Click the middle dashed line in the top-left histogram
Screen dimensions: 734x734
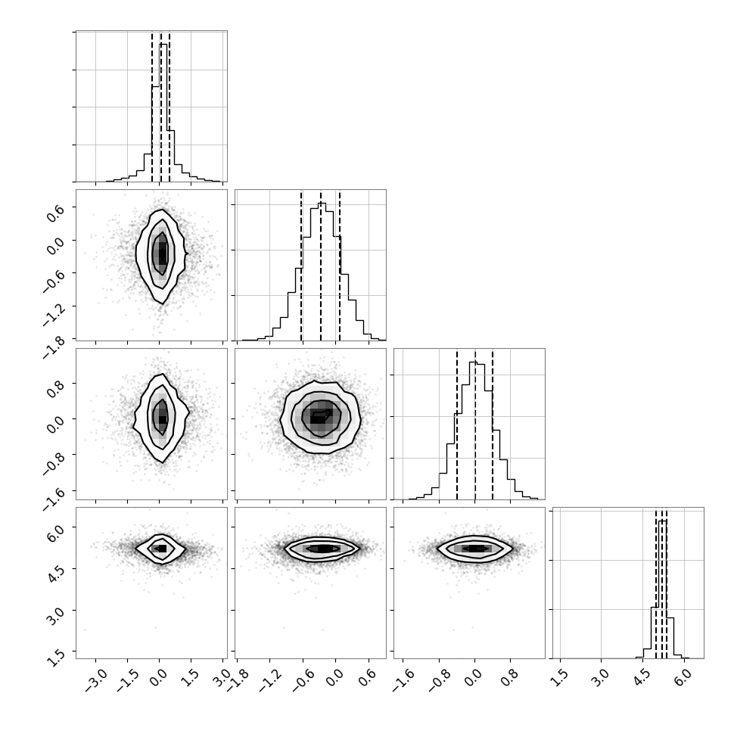click(161, 107)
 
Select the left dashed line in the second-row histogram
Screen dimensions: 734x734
click(301, 266)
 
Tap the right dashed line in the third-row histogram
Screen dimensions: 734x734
click(493, 425)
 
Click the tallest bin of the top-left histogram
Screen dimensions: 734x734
click(163, 112)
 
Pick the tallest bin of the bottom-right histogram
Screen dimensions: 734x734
click(662, 589)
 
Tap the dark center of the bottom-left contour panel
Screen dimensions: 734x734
click(160, 548)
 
